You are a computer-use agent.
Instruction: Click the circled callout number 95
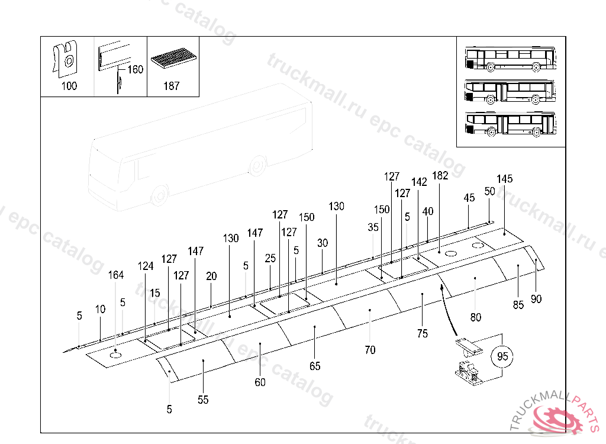click(x=502, y=357)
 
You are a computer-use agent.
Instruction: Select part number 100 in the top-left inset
click(x=69, y=86)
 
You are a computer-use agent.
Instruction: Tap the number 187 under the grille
click(x=171, y=86)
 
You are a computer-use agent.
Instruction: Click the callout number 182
click(x=440, y=175)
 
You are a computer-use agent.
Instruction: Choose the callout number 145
click(x=505, y=179)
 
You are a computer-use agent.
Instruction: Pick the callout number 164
click(x=116, y=275)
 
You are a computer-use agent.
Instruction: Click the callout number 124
click(x=146, y=266)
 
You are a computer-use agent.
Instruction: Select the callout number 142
click(x=419, y=182)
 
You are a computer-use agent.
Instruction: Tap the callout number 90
click(x=536, y=299)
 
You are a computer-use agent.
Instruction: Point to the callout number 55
click(x=203, y=400)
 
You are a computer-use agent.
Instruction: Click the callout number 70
click(x=370, y=350)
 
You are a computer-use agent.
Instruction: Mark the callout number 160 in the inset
click(x=136, y=70)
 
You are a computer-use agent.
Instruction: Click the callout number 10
click(x=101, y=309)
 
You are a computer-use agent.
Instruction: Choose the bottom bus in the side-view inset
click(x=511, y=124)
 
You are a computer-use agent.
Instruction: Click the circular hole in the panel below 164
click(x=115, y=356)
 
